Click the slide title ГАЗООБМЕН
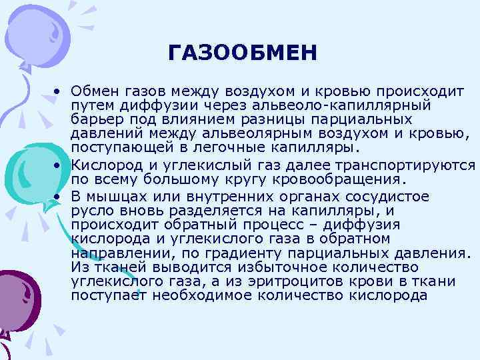pyautogui.click(x=243, y=52)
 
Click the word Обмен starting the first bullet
pyautogui.click(x=91, y=90)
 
